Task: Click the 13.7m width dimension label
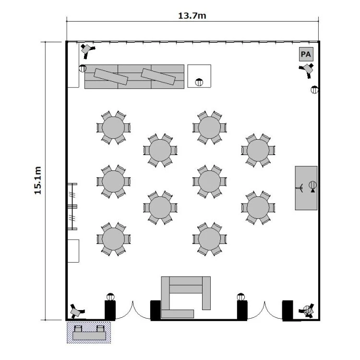(x=192, y=16)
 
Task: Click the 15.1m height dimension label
(x=37, y=180)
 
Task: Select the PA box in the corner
(x=306, y=54)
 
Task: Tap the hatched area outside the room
(x=89, y=332)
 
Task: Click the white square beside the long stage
(x=199, y=76)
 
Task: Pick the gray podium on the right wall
(x=306, y=188)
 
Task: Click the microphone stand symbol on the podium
(x=300, y=188)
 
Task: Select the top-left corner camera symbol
(x=87, y=50)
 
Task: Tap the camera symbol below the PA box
(x=307, y=70)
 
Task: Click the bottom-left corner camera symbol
(x=76, y=312)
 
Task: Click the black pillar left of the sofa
(x=156, y=310)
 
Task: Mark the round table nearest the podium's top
(x=258, y=150)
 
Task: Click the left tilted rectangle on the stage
(x=111, y=77)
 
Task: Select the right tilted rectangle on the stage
(x=158, y=77)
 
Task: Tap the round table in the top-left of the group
(x=113, y=128)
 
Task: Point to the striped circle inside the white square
(x=199, y=82)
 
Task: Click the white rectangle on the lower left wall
(x=73, y=251)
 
